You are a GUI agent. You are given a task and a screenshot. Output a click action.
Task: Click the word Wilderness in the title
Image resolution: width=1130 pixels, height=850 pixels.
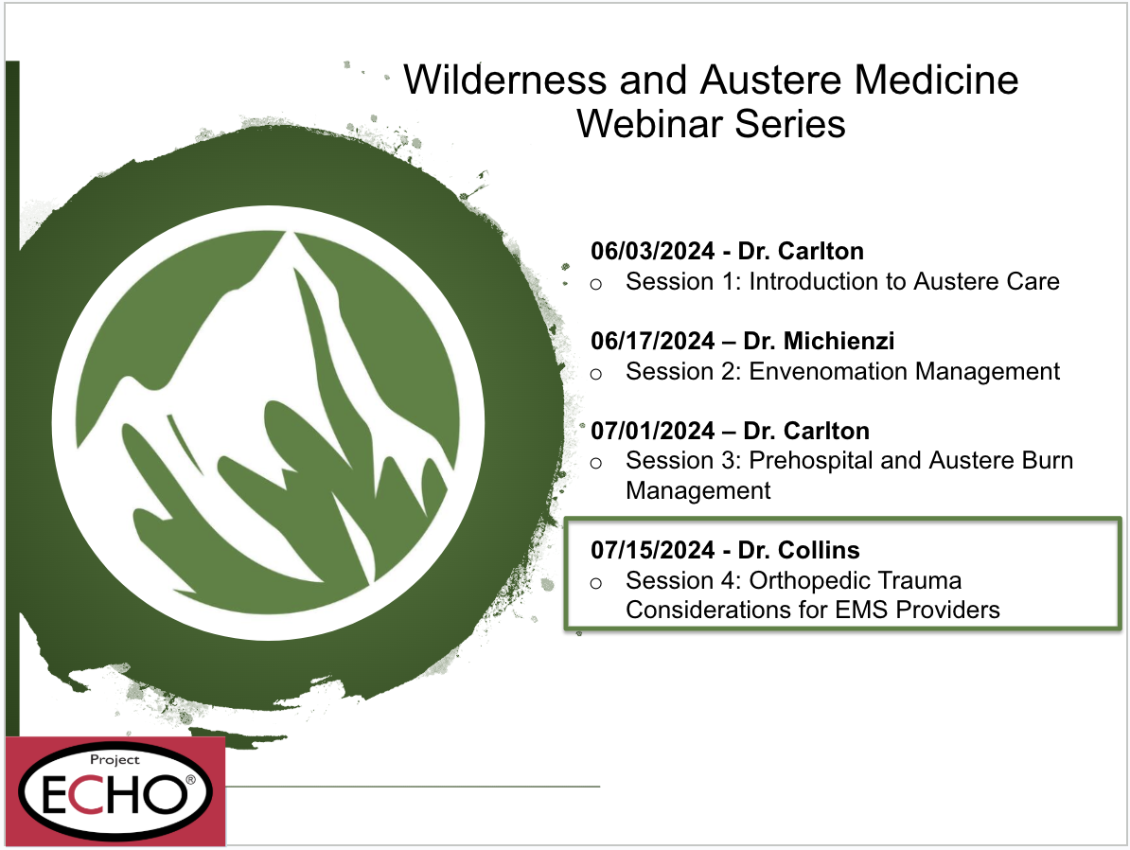click(x=504, y=80)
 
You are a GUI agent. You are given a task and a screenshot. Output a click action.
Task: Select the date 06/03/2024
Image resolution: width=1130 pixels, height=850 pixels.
click(x=652, y=251)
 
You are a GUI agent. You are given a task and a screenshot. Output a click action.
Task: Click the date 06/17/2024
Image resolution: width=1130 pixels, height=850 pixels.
click(x=652, y=341)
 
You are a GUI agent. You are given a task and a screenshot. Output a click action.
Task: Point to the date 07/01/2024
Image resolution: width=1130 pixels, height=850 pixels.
click(x=652, y=431)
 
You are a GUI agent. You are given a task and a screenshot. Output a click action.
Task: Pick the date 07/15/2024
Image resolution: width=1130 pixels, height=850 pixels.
click(x=652, y=550)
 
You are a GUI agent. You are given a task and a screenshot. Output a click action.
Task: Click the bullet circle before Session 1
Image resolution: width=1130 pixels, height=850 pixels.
click(x=596, y=284)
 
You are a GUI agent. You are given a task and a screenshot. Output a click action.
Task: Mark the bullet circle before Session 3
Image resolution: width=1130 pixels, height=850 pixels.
click(x=596, y=463)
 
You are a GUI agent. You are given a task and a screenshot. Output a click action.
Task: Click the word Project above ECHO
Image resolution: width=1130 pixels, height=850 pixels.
click(x=115, y=759)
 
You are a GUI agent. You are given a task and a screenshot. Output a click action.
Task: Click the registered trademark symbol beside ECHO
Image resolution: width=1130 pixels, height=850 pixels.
click(x=190, y=780)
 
